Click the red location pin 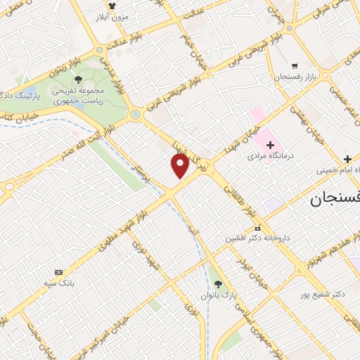pyautogui.click(x=181, y=166)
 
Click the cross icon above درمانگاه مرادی pyautogui.click(x=269, y=145)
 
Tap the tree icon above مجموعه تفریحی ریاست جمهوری pyautogui.click(x=78, y=79)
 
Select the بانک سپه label pyautogui.click(x=58, y=284)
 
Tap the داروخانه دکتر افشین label pyautogui.click(x=255, y=238)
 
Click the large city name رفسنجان pyautogui.click(x=335, y=200)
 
